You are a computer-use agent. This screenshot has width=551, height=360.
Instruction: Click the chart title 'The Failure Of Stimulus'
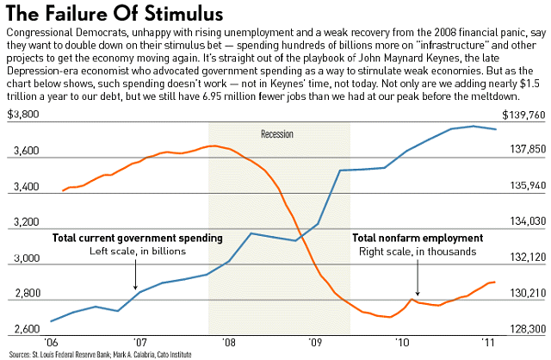[x=115, y=13]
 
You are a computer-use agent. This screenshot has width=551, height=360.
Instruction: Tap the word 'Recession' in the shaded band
[x=277, y=134]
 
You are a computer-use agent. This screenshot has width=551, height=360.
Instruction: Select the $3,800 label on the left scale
[x=23, y=115]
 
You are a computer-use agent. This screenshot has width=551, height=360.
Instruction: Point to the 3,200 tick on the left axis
[x=27, y=222]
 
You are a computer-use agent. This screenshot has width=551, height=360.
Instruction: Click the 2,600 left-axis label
[x=27, y=329]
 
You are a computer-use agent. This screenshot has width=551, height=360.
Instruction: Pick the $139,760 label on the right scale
[x=523, y=115]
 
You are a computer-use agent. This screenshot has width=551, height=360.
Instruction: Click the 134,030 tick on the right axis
[x=528, y=221]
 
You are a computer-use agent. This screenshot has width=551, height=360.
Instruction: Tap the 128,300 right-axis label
[x=528, y=329]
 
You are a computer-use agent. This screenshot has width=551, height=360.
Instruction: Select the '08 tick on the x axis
[x=229, y=342]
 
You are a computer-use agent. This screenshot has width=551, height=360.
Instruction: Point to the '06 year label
[x=50, y=342]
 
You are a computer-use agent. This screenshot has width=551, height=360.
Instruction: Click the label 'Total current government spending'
[x=138, y=239]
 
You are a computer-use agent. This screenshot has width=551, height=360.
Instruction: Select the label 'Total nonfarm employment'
[x=418, y=238]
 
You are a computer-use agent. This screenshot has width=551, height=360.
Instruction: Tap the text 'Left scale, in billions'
[x=138, y=251]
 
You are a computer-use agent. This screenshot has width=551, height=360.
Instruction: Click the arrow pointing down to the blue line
[x=136, y=275]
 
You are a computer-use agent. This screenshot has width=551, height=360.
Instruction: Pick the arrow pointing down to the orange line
[x=418, y=277]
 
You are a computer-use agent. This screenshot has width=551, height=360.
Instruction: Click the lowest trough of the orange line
[x=389, y=317]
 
